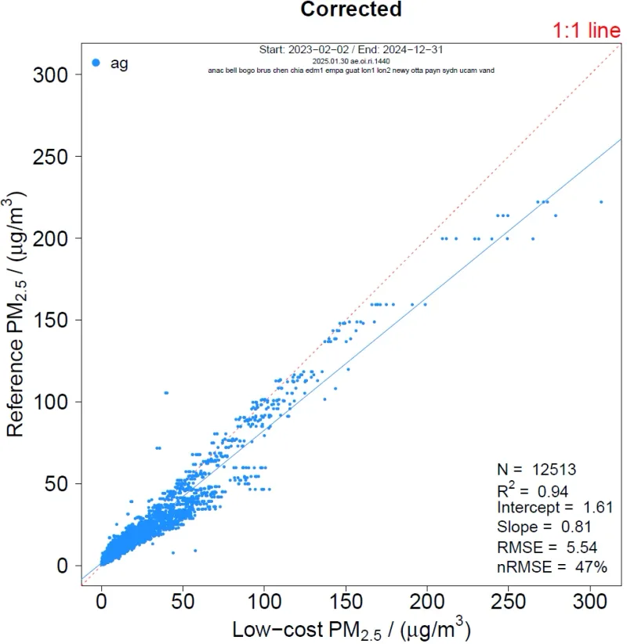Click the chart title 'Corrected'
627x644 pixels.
[351, 9]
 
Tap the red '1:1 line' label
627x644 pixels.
[587, 31]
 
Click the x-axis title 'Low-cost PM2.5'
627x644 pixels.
[350, 628]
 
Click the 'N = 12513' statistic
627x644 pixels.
[537, 469]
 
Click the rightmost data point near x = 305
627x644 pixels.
[601, 201]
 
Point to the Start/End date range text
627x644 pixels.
[350, 49]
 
